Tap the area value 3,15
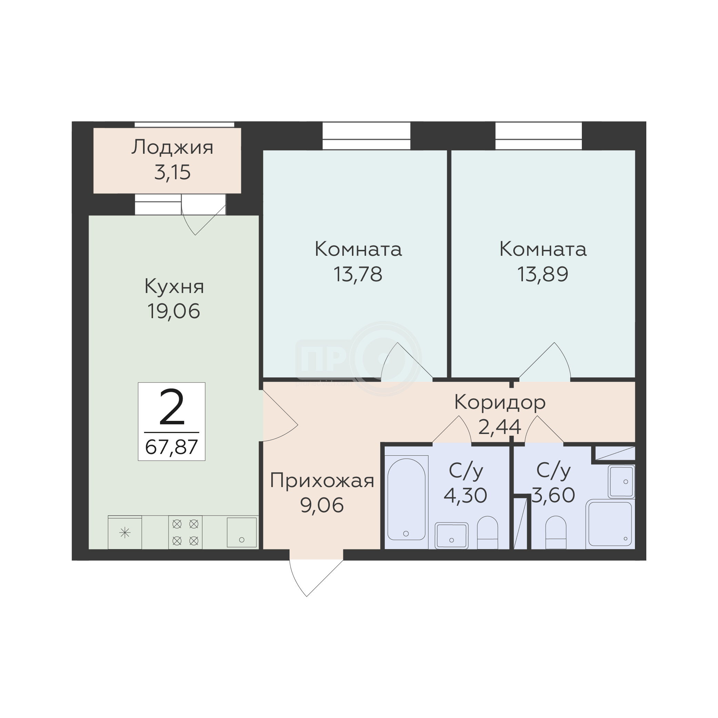click(x=172, y=172)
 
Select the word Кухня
click(x=174, y=287)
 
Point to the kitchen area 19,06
click(x=174, y=311)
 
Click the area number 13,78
click(x=358, y=274)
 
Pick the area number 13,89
click(x=543, y=274)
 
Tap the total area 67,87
click(x=171, y=447)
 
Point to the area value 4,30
click(x=465, y=495)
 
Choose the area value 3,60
click(x=553, y=495)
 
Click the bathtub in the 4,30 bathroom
click(x=407, y=499)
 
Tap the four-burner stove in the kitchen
click(x=185, y=532)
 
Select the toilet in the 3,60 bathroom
click(x=556, y=532)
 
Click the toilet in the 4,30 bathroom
click(x=487, y=532)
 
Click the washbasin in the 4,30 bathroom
click(x=452, y=536)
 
